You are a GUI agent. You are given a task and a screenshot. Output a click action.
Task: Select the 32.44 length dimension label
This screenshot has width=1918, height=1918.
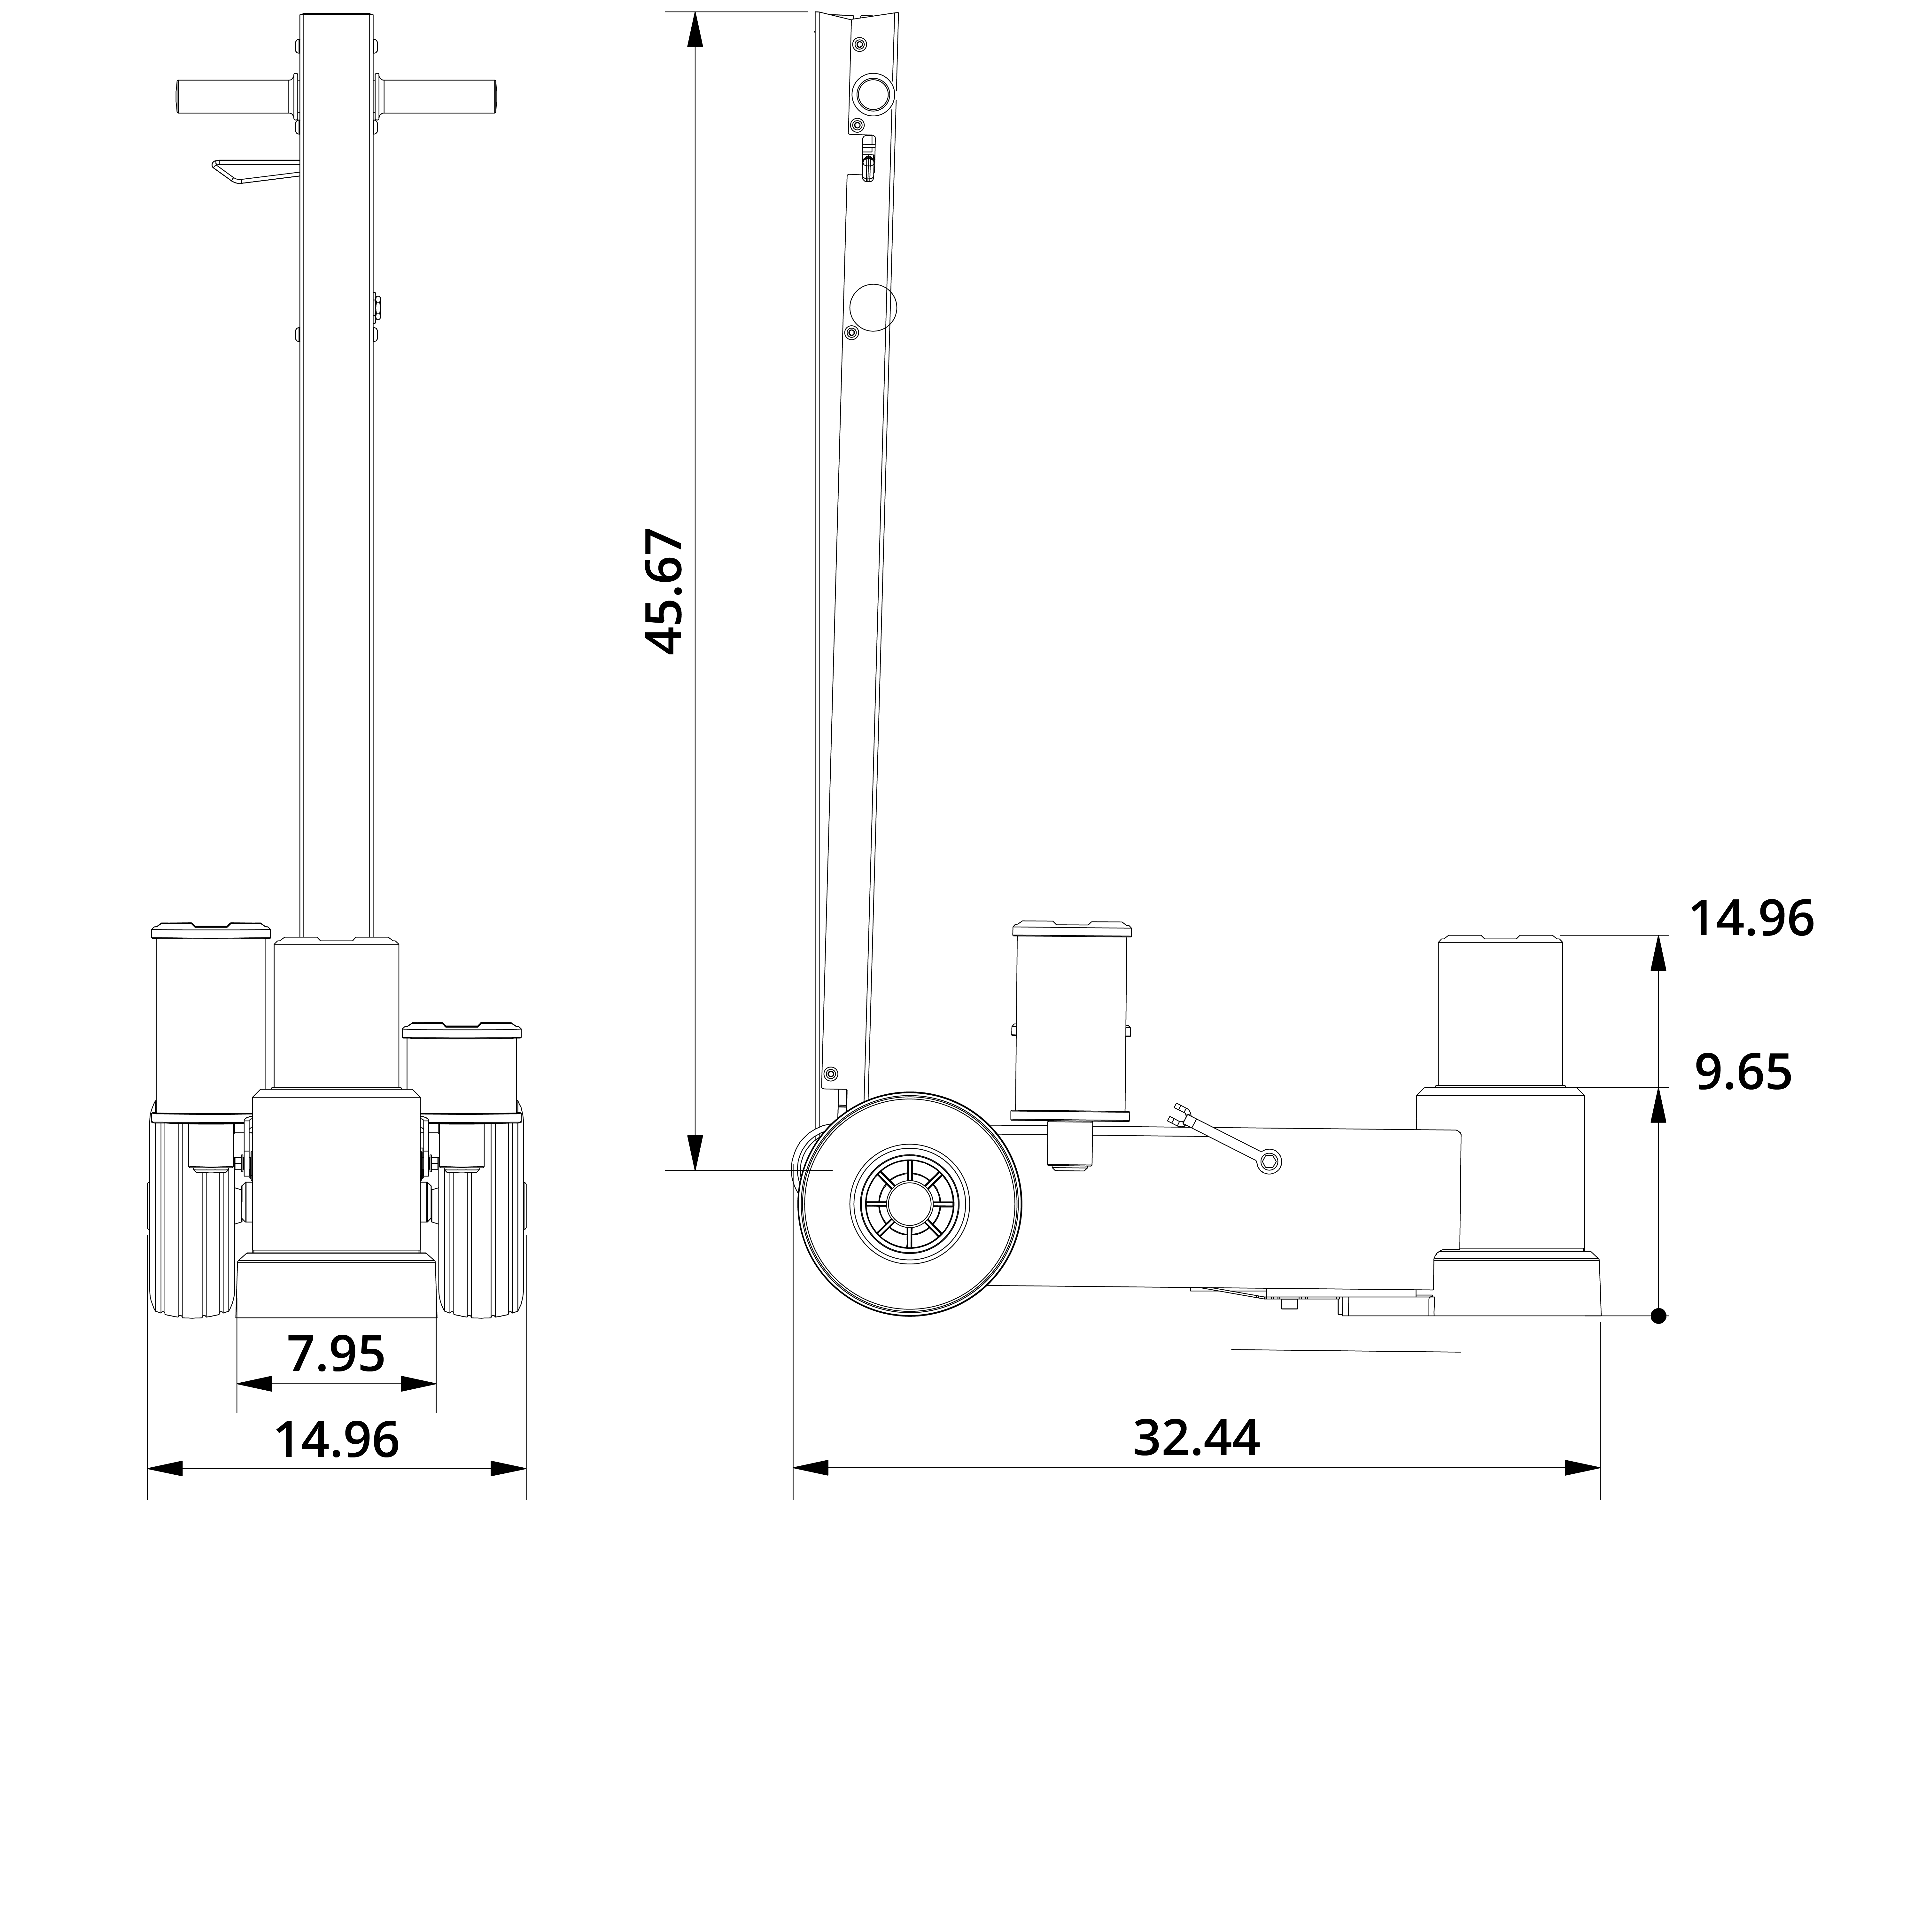pyautogui.click(x=1196, y=1438)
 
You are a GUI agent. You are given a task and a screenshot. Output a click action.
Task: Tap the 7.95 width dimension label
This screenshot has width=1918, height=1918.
pyautogui.click(x=336, y=1354)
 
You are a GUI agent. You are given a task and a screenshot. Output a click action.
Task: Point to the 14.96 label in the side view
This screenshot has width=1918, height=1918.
pyautogui.click(x=1751, y=919)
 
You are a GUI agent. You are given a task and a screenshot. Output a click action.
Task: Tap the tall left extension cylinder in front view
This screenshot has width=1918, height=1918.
pyautogui.click(x=210, y=1018)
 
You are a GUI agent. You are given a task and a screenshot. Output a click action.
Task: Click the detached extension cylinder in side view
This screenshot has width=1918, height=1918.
pyautogui.click(x=1071, y=1022)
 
